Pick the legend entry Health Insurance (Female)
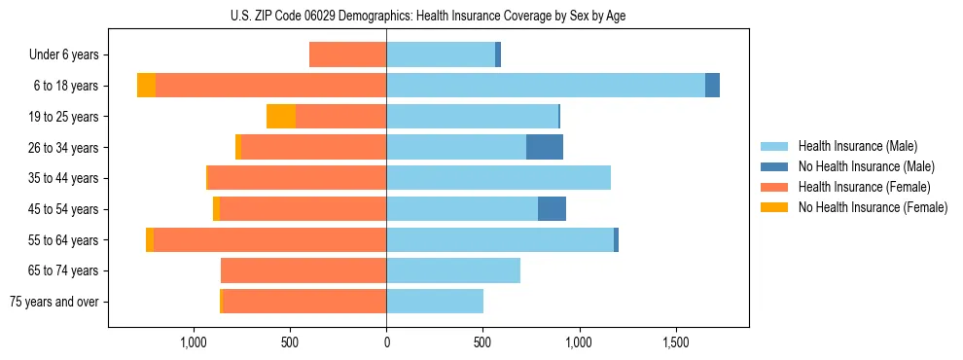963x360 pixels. pyautogui.click(x=864, y=187)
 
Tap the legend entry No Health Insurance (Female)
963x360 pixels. pyautogui.click(x=873, y=207)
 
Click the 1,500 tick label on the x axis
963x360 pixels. pyautogui.click(x=676, y=342)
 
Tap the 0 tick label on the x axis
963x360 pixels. pyautogui.click(x=386, y=342)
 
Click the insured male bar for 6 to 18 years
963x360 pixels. pyautogui.click(x=546, y=86)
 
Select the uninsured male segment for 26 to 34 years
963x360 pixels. pyautogui.click(x=545, y=147)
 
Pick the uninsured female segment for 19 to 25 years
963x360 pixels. pyautogui.click(x=281, y=117)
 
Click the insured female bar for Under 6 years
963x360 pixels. pyautogui.click(x=347, y=55)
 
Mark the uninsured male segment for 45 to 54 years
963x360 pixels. pyautogui.click(x=552, y=209)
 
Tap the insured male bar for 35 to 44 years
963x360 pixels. pyautogui.click(x=498, y=178)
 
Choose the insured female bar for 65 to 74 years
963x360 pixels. pyautogui.click(x=303, y=270)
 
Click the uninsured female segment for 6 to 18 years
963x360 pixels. pyautogui.click(x=146, y=86)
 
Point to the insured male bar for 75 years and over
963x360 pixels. pyautogui.click(x=435, y=302)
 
